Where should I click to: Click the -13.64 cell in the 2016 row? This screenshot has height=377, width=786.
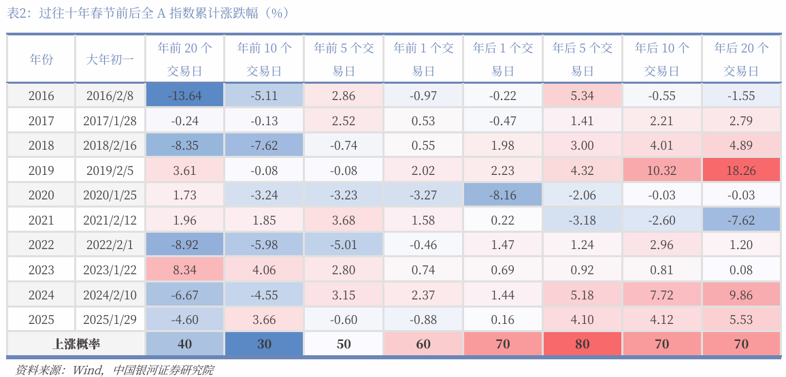coord(184,96)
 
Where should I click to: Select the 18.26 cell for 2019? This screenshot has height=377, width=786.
coord(741,171)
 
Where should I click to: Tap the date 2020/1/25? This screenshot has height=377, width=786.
coord(110,195)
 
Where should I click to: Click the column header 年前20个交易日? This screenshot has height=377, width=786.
coord(184,59)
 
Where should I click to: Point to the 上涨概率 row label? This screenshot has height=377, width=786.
coord(76,344)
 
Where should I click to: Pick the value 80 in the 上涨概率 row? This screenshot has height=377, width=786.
coord(582,344)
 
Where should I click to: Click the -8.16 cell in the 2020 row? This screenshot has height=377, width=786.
coord(502,195)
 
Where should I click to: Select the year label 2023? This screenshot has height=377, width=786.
coord(41,270)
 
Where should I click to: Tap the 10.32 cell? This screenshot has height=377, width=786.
coord(661,171)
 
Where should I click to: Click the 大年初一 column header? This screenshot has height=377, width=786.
coord(110,59)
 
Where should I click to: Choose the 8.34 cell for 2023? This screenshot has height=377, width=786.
coord(184,270)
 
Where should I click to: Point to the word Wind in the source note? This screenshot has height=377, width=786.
coord(86,370)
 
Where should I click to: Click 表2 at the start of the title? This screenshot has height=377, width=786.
coord(17,13)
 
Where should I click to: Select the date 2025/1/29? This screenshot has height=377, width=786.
coord(110,320)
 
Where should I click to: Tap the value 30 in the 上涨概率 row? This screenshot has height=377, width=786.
coord(264,344)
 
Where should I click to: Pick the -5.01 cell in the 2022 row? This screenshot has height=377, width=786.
coord(344,245)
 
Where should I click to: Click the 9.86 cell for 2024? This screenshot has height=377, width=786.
coord(741,295)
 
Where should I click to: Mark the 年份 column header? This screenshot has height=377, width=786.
coord(41,59)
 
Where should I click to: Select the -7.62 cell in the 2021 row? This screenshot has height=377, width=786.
coord(741,220)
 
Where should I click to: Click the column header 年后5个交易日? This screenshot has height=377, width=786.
coord(582,59)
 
